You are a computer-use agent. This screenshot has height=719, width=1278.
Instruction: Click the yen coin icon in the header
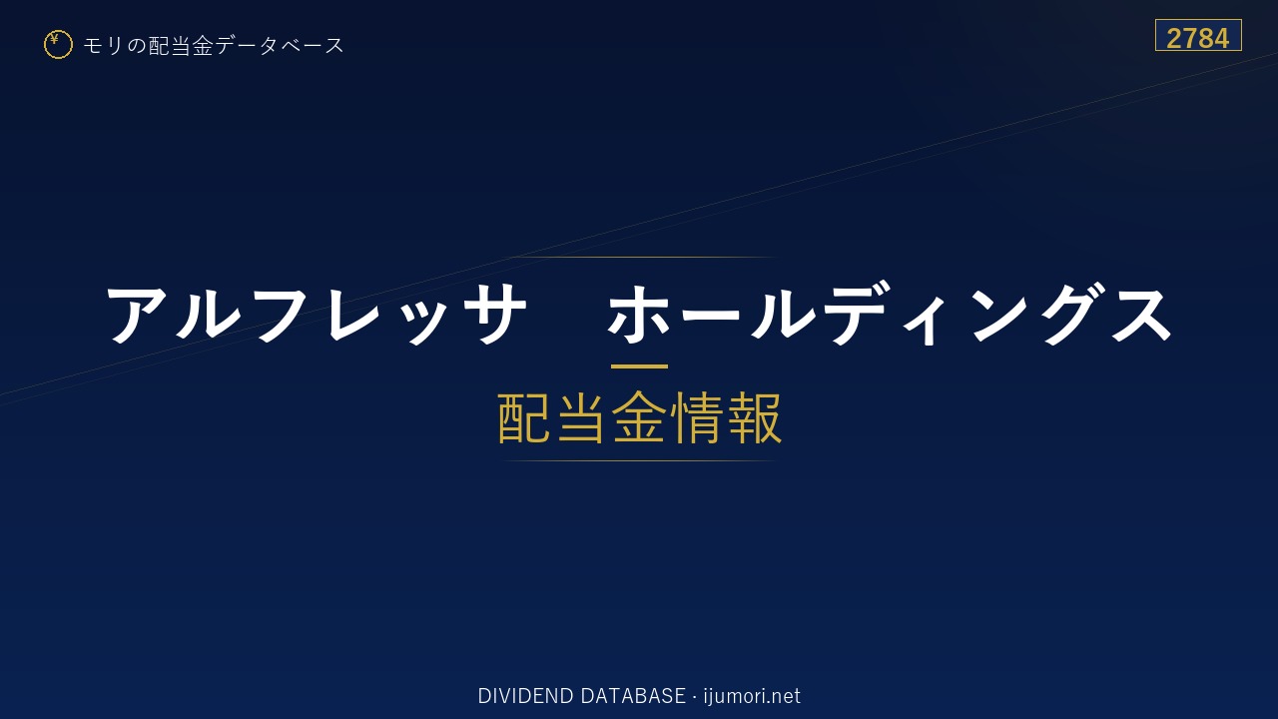click(58, 45)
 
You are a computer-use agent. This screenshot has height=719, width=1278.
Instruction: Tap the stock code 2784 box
click(1198, 35)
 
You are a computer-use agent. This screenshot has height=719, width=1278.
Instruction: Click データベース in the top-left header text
click(280, 46)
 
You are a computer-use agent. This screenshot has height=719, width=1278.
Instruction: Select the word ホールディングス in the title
click(889, 315)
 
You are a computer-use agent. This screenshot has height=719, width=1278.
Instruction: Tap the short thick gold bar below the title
click(639, 366)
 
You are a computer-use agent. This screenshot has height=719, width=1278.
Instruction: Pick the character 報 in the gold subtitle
click(754, 417)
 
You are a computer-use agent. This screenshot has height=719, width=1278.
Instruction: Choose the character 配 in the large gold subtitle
click(524, 417)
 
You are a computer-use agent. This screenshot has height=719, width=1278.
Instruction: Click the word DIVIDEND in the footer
click(525, 696)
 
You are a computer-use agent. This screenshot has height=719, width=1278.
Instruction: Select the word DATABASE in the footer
click(633, 696)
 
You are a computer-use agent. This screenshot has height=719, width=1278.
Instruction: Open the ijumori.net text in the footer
click(752, 696)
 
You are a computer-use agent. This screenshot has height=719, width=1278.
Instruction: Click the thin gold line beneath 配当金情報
click(639, 460)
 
